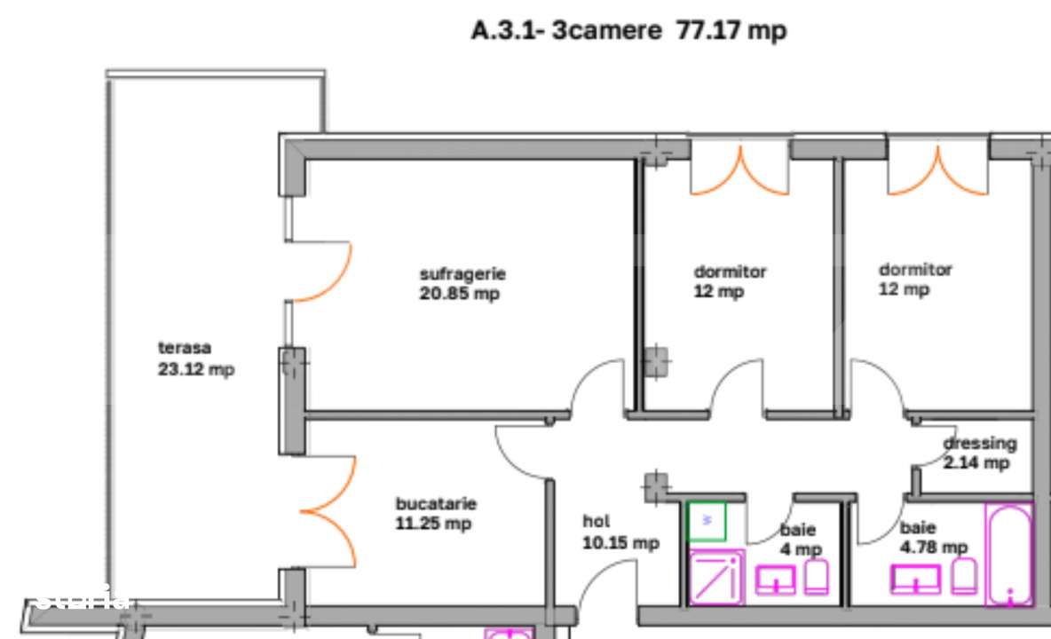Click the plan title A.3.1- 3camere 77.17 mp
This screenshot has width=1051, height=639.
[628, 31]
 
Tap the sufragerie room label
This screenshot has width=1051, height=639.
[462, 274]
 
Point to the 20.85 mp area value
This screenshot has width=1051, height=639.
[459, 294]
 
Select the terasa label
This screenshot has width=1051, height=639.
[185, 348]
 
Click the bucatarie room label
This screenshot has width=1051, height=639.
[436, 504]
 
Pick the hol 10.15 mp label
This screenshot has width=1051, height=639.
[620, 532]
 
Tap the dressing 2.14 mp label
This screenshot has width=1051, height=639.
[979, 453]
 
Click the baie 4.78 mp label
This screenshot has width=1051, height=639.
[933, 538]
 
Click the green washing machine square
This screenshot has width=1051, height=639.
[707, 521]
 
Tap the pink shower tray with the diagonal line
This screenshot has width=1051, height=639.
[717, 578]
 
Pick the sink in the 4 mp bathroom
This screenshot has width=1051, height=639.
[776, 580]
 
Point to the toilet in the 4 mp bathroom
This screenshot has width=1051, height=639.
[817, 577]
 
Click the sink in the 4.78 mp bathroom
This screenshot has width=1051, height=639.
[916, 579]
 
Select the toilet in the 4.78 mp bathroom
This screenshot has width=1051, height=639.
[964, 576]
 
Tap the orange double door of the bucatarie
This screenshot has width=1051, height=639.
[330, 512]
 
